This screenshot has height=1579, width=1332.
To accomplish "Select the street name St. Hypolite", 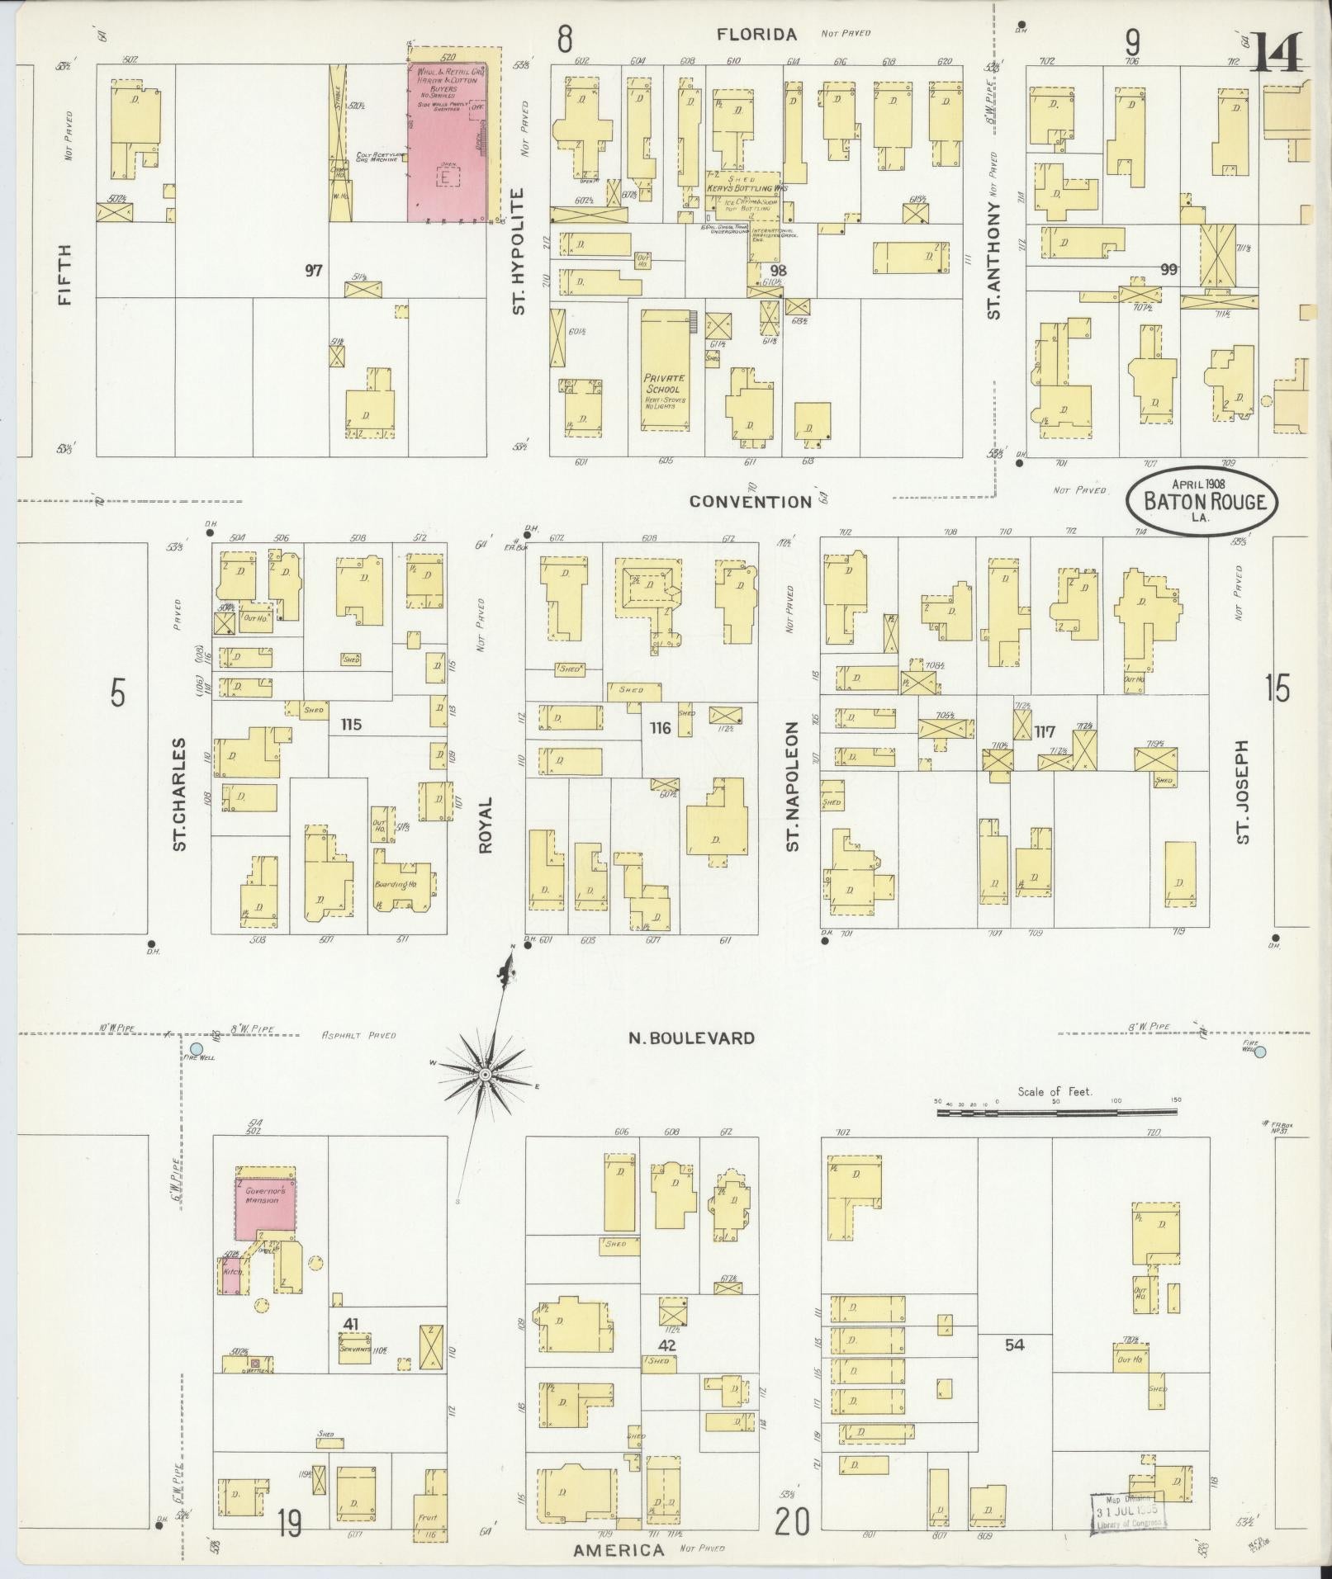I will click(519, 252).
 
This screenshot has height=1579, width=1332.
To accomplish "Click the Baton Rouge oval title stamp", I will click(1203, 500).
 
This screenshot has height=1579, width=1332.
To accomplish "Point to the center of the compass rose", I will click(486, 1073).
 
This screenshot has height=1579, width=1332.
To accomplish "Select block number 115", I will click(351, 725).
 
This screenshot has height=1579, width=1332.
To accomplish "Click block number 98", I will click(777, 271).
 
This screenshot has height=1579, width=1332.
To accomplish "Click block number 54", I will click(1014, 1345).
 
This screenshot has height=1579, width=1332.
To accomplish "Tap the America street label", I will click(619, 1550).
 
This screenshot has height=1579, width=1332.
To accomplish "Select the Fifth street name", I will click(64, 275).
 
